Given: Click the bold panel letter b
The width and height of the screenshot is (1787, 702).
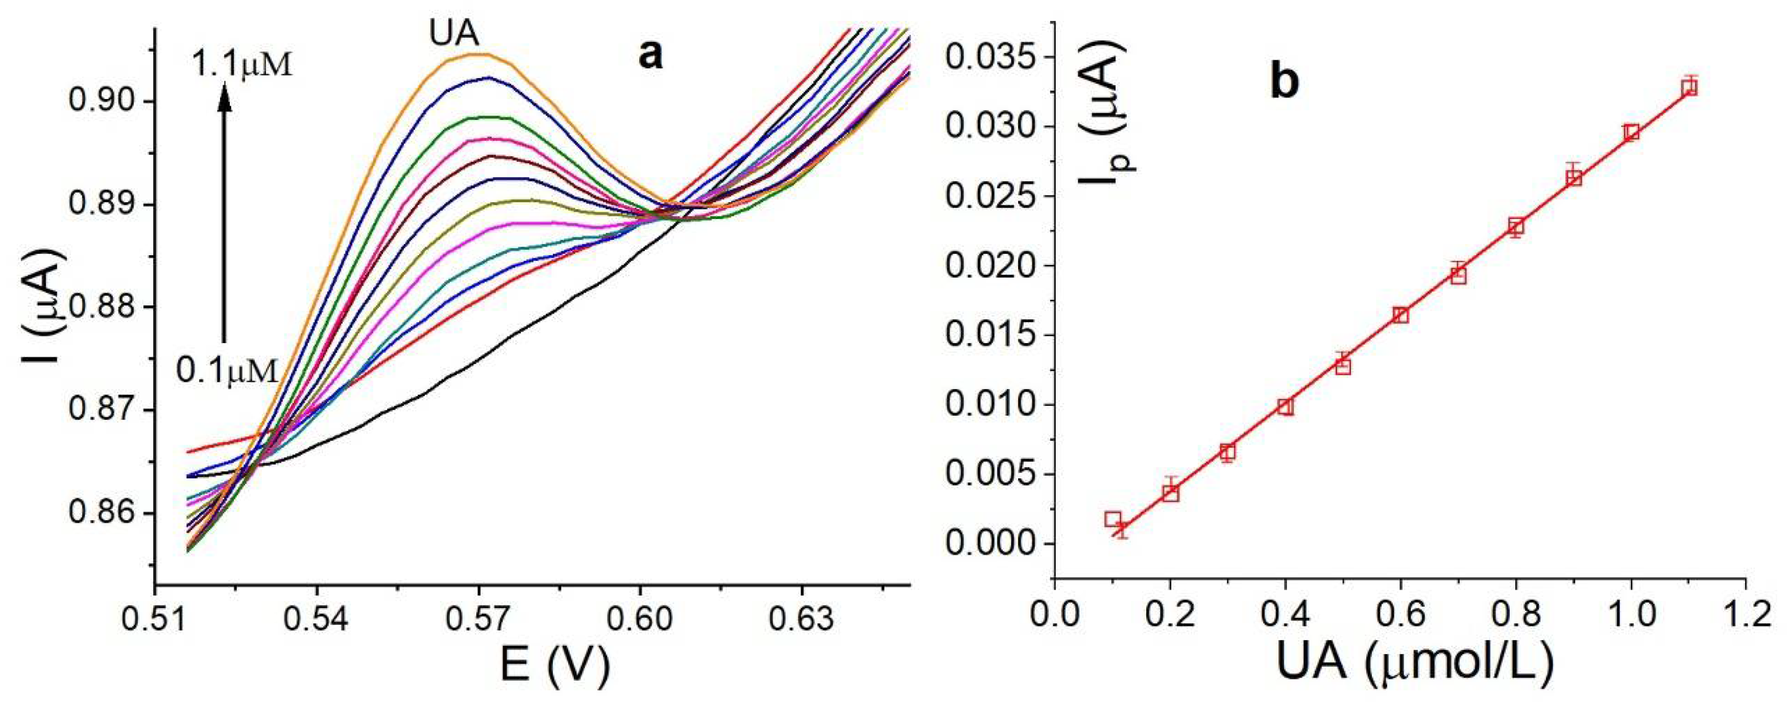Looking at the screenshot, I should pyautogui.click(x=1284, y=83).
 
